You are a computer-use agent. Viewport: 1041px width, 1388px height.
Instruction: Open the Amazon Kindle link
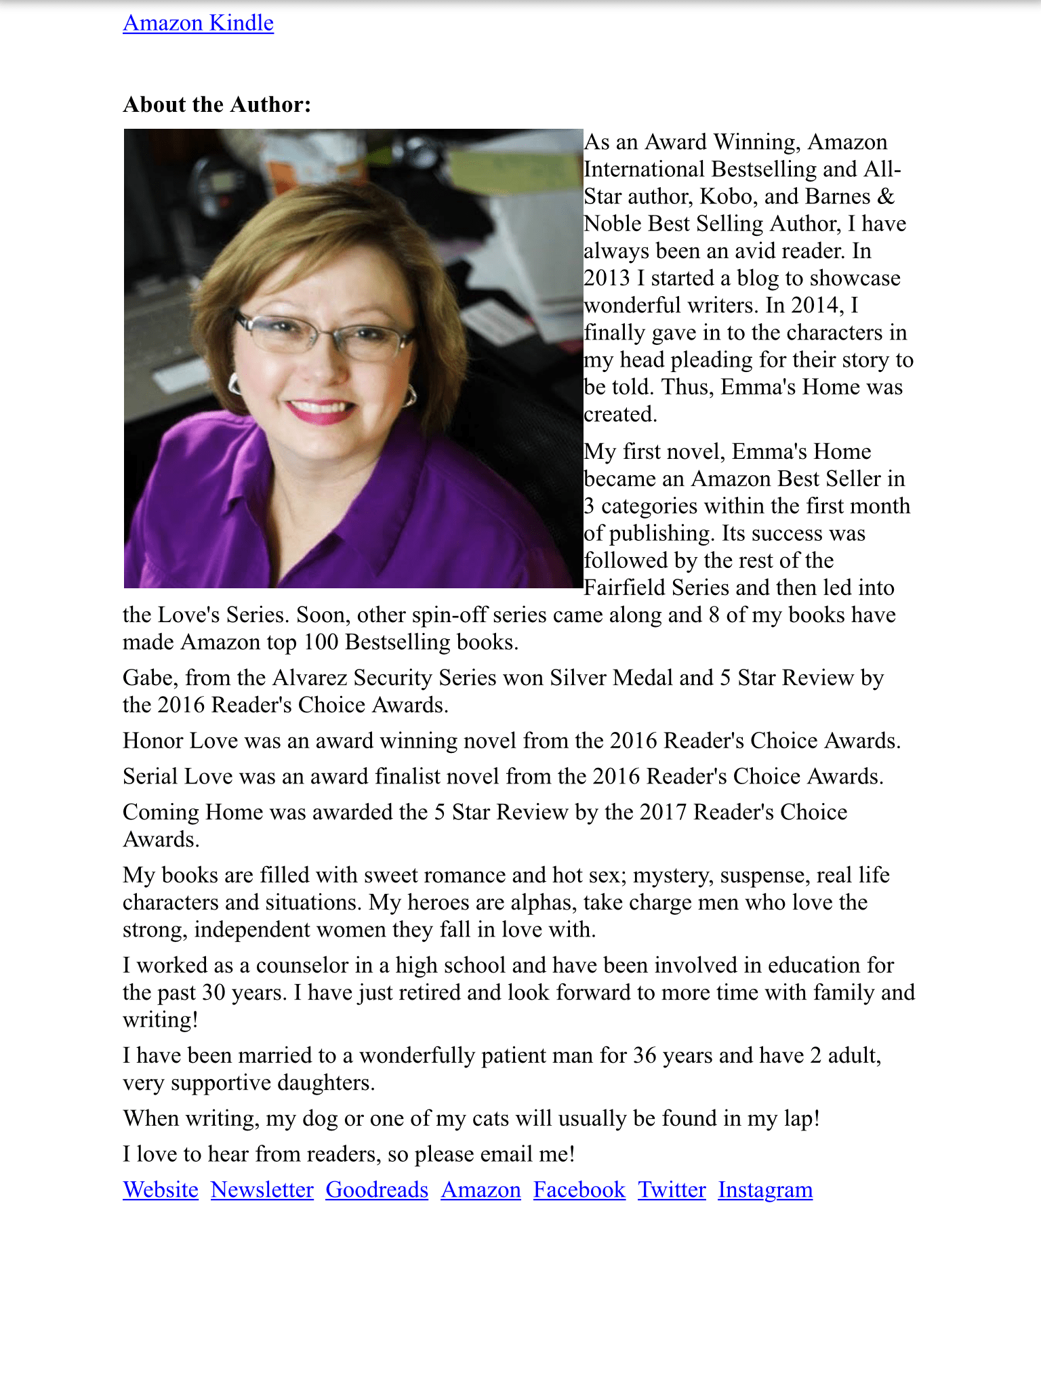tap(198, 23)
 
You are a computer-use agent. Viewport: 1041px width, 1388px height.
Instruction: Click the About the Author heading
tap(217, 104)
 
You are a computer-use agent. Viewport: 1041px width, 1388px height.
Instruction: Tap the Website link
tap(161, 1189)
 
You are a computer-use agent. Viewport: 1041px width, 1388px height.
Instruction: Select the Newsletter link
tap(262, 1189)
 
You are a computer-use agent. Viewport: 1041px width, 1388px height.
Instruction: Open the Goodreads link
tap(377, 1189)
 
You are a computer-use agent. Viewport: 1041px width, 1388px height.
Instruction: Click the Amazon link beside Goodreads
tap(481, 1189)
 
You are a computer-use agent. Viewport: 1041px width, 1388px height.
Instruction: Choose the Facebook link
tap(579, 1189)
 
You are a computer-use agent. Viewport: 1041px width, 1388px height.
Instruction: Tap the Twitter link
tap(672, 1189)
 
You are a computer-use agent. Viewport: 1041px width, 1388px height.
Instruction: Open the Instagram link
tap(765, 1189)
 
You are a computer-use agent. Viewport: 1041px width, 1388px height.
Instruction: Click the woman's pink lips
tap(320, 409)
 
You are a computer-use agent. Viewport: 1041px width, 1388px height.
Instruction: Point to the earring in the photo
tap(410, 394)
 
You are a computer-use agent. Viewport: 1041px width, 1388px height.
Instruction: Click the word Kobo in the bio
tap(724, 197)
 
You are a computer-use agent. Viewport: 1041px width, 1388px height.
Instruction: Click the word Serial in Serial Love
tap(150, 776)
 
